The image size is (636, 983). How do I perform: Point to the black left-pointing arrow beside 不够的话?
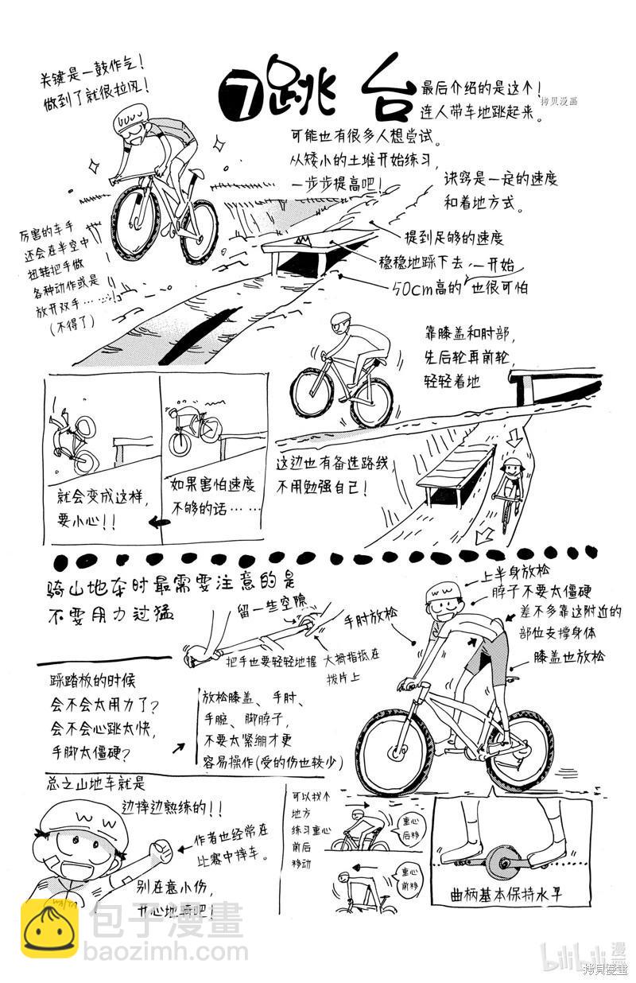pyautogui.click(x=159, y=523)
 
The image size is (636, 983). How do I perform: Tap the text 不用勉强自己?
pyautogui.click(x=321, y=487)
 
